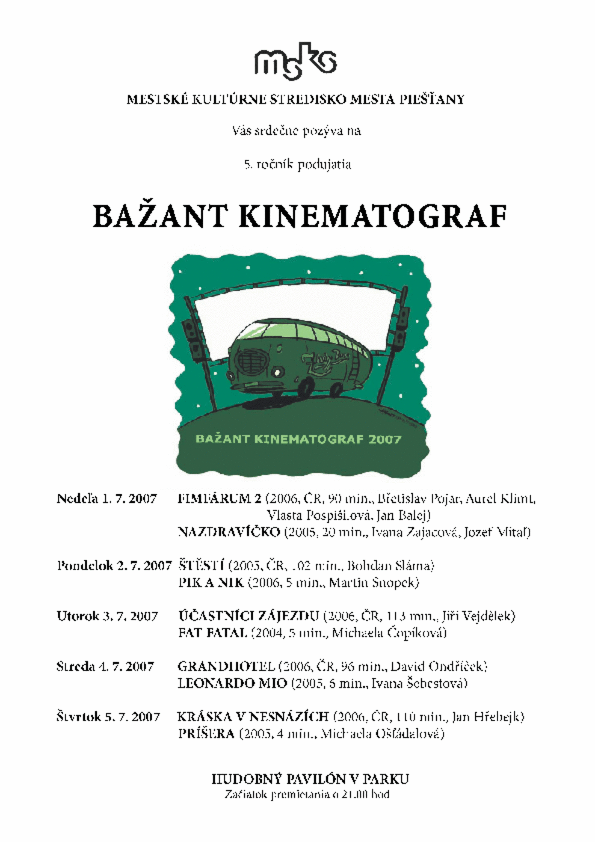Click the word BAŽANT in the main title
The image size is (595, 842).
[x=159, y=217]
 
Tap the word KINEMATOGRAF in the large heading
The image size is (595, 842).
[x=372, y=217]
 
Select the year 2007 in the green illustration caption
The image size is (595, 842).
[x=384, y=439]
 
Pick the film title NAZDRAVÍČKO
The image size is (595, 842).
[x=229, y=532]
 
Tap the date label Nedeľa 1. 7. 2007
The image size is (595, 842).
[x=106, y=499]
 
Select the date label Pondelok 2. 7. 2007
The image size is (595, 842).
[x=114, y=566]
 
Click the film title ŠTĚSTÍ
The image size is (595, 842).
[x=202, y=566]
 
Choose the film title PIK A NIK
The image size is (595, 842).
[x=211, y=583]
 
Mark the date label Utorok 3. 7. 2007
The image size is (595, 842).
[x=107, y=616]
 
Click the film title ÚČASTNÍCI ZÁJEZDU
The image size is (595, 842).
[x=248, y=616]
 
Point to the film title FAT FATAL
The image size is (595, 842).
[x=212, y=633]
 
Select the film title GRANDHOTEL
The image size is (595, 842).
[x=226, y=667]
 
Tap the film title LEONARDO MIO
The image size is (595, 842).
[x=232, y=684]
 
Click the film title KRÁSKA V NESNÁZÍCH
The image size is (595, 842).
[x=253, y=718]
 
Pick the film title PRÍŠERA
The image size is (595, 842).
[x=206, y=734]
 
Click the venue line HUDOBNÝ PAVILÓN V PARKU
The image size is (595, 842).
[x=310, y=779]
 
